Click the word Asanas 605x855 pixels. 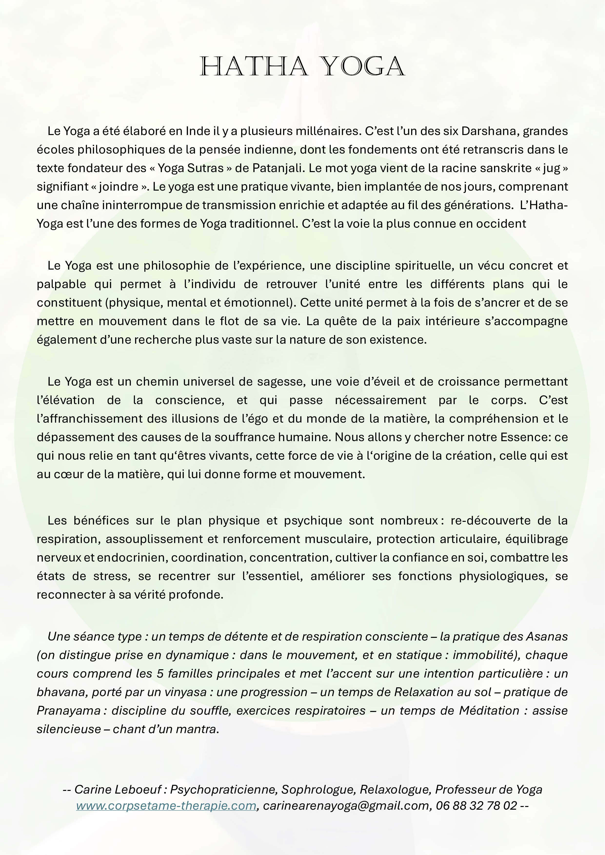(x=546, y=636)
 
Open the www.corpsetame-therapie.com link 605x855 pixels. (x=166, y=806)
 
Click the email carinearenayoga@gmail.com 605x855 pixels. (x=346, y=806)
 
